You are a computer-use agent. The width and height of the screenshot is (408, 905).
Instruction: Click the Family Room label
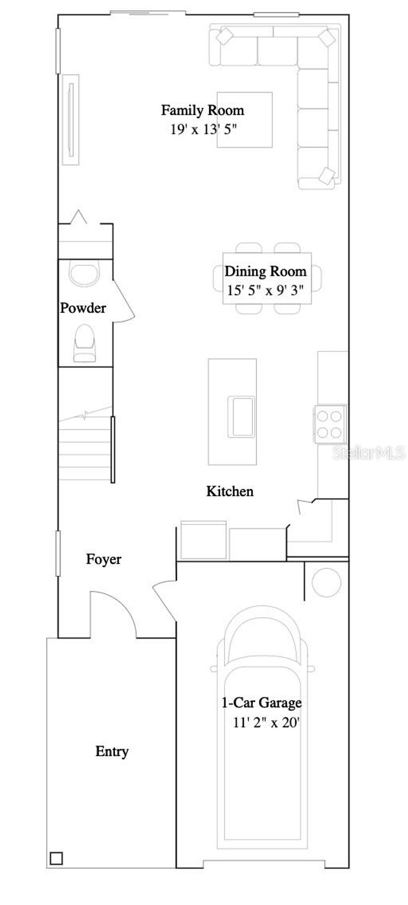click(202, 110)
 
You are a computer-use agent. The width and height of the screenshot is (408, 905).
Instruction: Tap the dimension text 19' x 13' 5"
click(204, 129)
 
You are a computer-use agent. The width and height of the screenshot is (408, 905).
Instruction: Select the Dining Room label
click(266, 271)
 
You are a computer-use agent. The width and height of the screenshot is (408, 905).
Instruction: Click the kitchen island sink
click(241, 416)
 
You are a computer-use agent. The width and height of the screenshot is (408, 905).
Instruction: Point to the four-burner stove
click(330, 424)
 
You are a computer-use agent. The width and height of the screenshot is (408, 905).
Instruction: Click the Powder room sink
click(84, 273)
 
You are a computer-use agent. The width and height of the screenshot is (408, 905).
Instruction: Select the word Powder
click(83, 308)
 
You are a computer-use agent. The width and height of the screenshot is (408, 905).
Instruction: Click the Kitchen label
click(230, 491)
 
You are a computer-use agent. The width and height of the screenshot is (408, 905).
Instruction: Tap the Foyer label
click(104, 559)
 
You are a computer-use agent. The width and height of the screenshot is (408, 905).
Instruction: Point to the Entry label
click(112, 752)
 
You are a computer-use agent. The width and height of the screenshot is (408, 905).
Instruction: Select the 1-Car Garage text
click(262, 702)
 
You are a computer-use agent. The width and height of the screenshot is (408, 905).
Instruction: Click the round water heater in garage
click(326, 582)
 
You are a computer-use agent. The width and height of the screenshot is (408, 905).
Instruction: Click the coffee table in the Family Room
click(245, 120)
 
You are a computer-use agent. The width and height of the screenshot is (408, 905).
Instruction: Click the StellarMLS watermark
click(369, 452)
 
